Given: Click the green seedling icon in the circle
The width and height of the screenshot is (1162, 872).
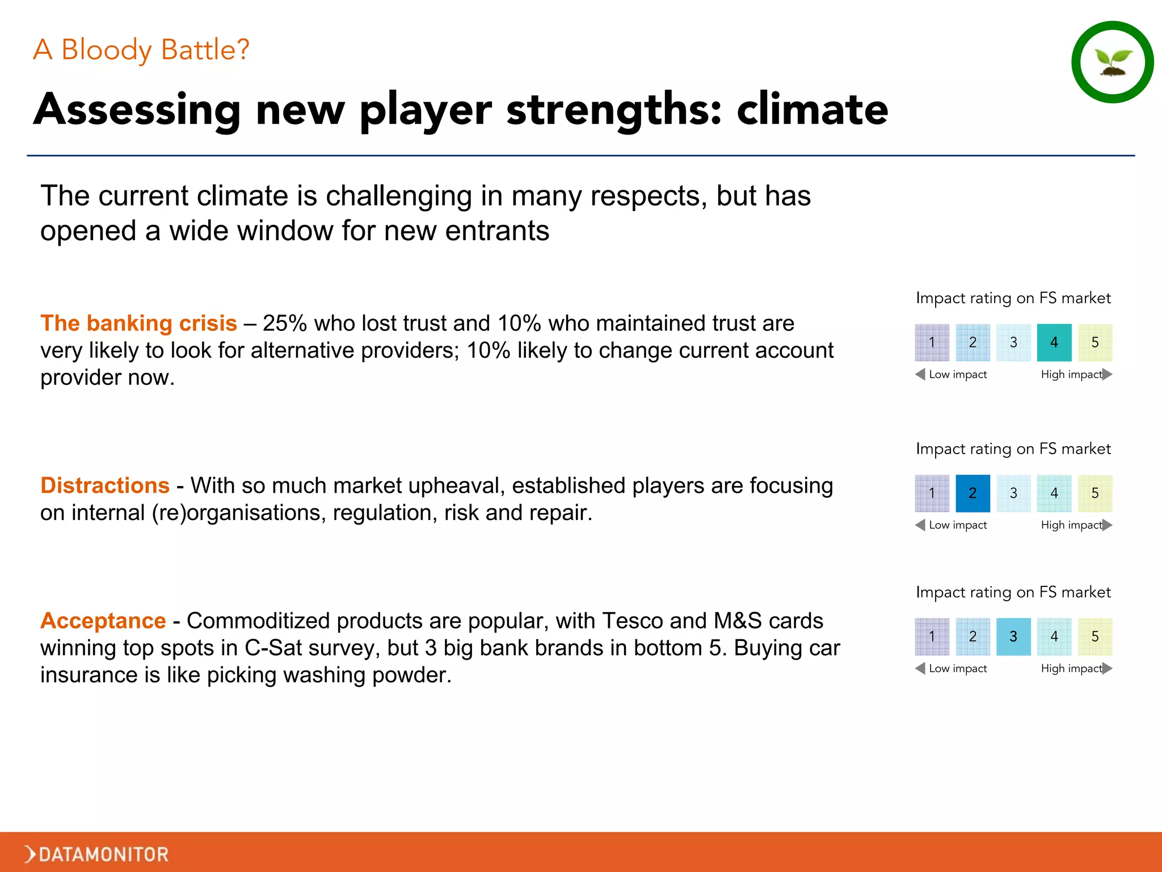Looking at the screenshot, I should coord(1113,62).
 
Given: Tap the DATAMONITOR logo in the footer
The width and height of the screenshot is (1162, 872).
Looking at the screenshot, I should coord(97,854).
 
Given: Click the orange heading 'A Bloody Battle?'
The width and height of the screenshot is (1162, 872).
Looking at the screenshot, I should coord(141,50).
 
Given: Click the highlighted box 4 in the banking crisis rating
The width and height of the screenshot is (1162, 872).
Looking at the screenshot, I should coord(1054,342).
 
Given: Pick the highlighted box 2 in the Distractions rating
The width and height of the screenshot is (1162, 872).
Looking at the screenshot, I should coord(972,493).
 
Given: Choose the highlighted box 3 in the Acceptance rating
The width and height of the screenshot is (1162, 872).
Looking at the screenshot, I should coord(1013,636).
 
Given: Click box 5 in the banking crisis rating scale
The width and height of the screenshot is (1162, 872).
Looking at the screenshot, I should coord(1094,342).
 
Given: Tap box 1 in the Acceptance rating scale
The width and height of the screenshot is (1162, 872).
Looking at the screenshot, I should coord(932,636).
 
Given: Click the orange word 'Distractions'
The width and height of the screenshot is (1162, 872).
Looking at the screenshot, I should coord(105,486).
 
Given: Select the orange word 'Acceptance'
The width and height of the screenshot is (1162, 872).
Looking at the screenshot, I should coord(103,621).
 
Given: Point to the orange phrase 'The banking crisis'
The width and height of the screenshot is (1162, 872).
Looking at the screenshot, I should coord(138,324).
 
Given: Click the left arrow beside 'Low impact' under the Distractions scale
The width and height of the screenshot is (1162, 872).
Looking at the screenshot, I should coord(920,525).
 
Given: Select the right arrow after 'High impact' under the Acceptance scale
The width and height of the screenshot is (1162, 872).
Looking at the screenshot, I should coord(1107,668).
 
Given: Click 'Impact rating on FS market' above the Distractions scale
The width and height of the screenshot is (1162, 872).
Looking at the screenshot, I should coord(1013,449).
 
